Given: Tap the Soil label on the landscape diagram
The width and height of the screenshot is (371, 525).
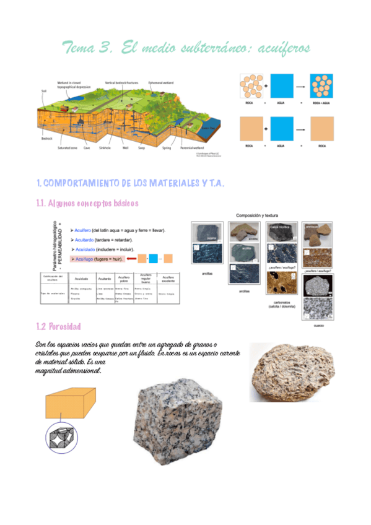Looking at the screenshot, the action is [x=43, y=90].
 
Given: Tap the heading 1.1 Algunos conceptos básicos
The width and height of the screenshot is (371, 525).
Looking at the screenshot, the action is [x=88, y=203].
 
